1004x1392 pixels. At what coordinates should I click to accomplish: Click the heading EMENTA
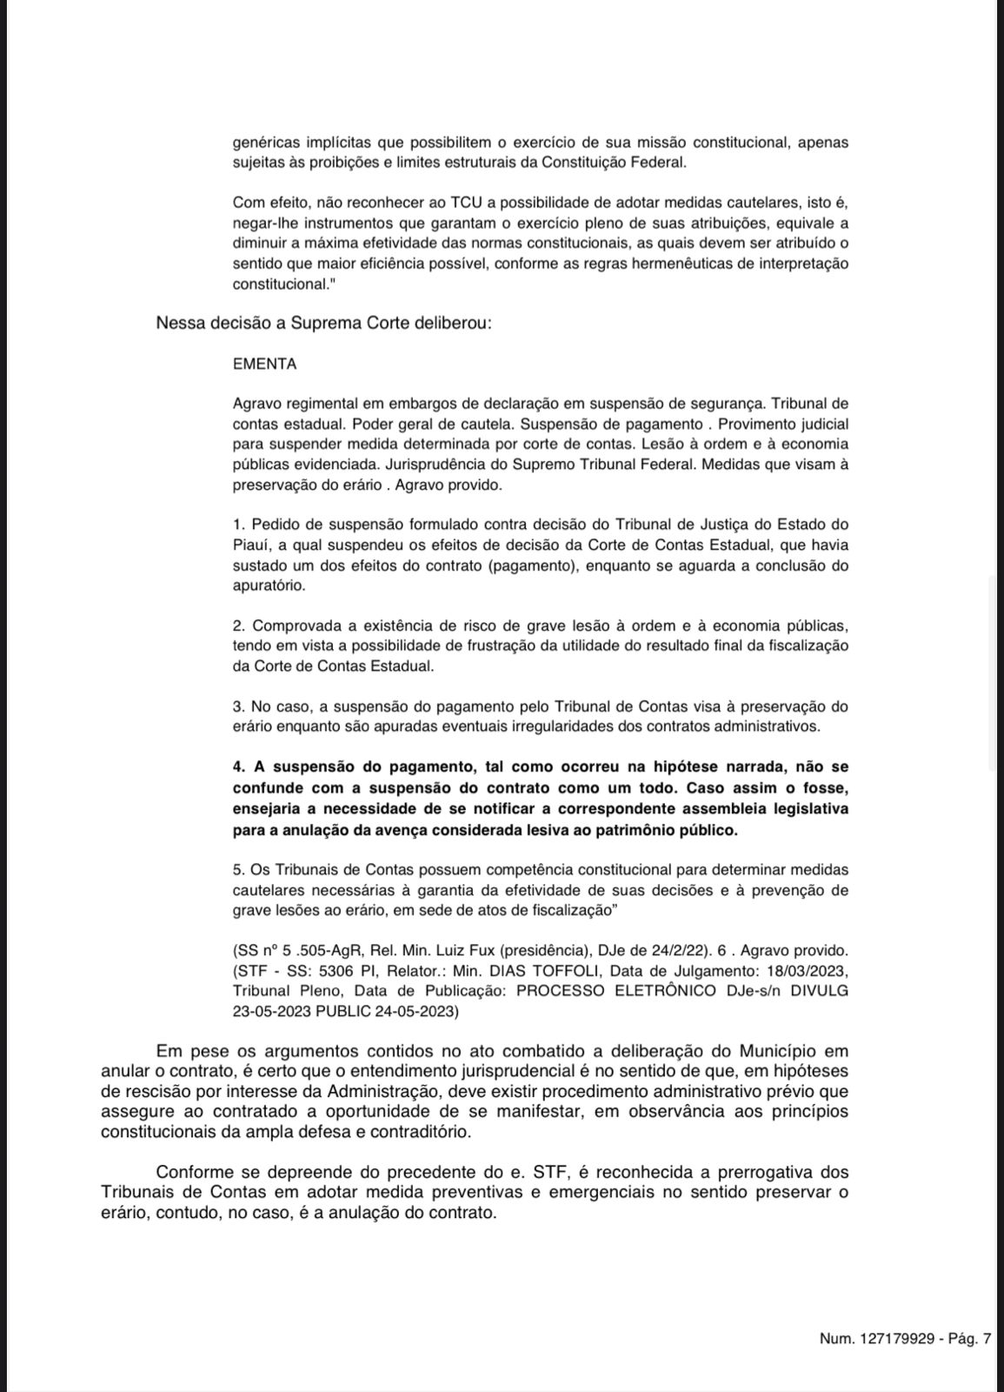coord(264,365)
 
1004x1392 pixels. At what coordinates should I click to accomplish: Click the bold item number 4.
coord(239,767)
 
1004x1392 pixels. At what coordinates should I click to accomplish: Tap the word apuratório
coord(269,586)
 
